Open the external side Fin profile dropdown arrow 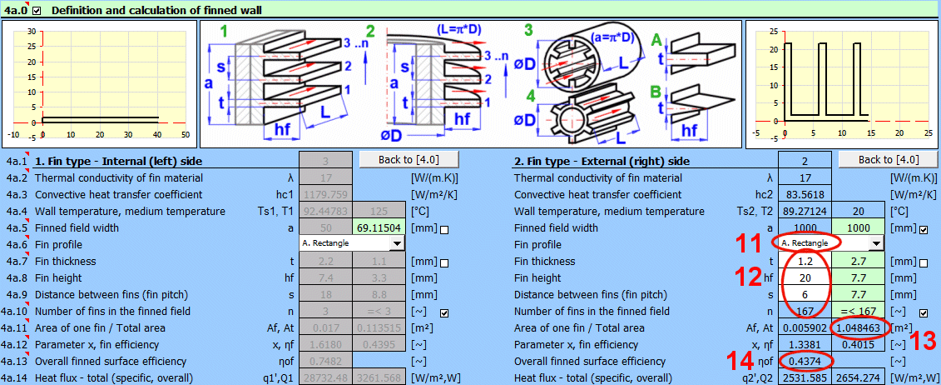[x=874, y=243]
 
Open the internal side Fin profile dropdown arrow [x=397, y=243]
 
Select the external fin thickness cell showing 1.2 [x=805, y=261]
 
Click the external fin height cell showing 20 [x=805, y=277]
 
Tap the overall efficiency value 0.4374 [x=805, y=361]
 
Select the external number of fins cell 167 [x=805, y=311]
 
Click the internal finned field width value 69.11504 [x=379, y=227]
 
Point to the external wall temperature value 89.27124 [x=805, y=211]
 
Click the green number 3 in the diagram [x=528, y=31]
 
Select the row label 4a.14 [x=16, y=377]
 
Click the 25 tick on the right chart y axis [x=773, y=30]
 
